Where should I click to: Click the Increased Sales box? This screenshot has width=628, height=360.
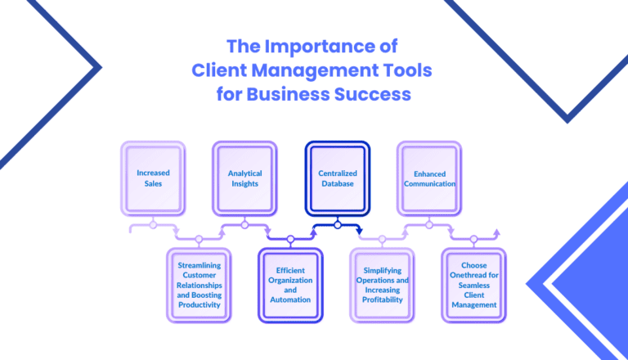tap(153, 178)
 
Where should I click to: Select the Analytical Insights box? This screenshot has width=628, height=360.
tap(244, 178)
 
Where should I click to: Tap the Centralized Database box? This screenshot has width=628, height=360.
tap(337, 178)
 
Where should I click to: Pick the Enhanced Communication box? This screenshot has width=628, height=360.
tap(428, 178)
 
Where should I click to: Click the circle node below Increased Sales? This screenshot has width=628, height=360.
tap(153, 223)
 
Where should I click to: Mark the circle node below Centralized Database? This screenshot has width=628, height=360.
tap(337, 223)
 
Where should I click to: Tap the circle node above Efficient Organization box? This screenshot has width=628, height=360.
tap(290, 240)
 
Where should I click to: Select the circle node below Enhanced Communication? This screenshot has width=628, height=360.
tap(428, 223)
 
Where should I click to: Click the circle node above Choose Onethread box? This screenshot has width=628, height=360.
tap(474, 240)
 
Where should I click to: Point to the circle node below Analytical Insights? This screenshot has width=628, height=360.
tap(244, 223)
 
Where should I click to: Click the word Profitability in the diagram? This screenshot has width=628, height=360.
tap(383, 299)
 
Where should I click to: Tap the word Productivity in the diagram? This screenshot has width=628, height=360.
tap(200, 304)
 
